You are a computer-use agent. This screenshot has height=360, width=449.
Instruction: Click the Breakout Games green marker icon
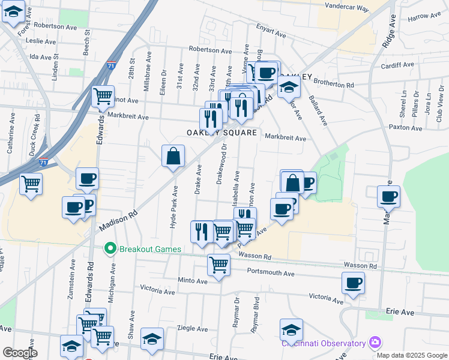click(x=110, y=247)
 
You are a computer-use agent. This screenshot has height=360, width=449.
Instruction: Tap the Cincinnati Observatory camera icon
click(x=375, y=343)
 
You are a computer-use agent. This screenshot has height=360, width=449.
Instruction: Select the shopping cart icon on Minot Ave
click(x=103, y=95)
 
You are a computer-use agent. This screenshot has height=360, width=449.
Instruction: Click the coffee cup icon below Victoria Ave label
click(x=354, y=283)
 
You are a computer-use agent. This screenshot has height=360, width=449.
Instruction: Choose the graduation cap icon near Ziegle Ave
click(x=152, y=338)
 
